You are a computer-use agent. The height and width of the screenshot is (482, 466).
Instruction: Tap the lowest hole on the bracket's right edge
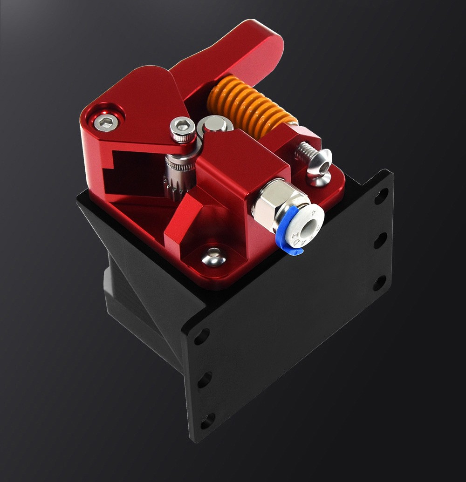coord(379,282)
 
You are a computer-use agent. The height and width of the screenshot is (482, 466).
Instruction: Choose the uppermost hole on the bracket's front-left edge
coord(202,336)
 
